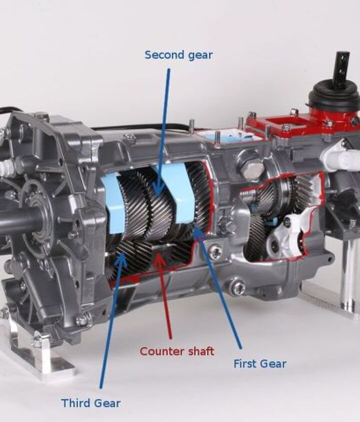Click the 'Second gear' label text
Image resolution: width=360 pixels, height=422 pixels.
point(178,55)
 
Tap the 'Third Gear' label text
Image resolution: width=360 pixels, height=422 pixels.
point(91,403)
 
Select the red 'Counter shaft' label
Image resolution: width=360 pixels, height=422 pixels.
point(177,351)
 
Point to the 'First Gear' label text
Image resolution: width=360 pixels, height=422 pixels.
point(260,364)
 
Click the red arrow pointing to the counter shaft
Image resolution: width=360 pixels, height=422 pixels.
point(164,295)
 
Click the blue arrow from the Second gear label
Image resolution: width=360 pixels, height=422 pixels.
point(163,132)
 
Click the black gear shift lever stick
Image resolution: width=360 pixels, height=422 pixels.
point(342,67)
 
